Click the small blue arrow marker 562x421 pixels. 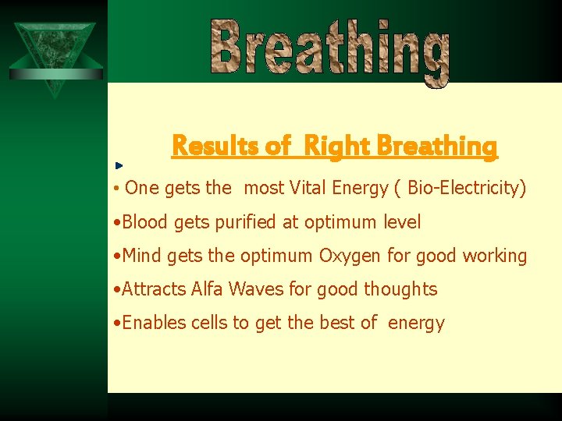click(119, 166)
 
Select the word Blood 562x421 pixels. click(145, 222)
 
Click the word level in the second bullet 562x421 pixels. click(402, 222)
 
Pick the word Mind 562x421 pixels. click(141, 256)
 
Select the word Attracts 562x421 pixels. click(155, 289)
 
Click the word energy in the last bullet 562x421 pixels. click(416, 324)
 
